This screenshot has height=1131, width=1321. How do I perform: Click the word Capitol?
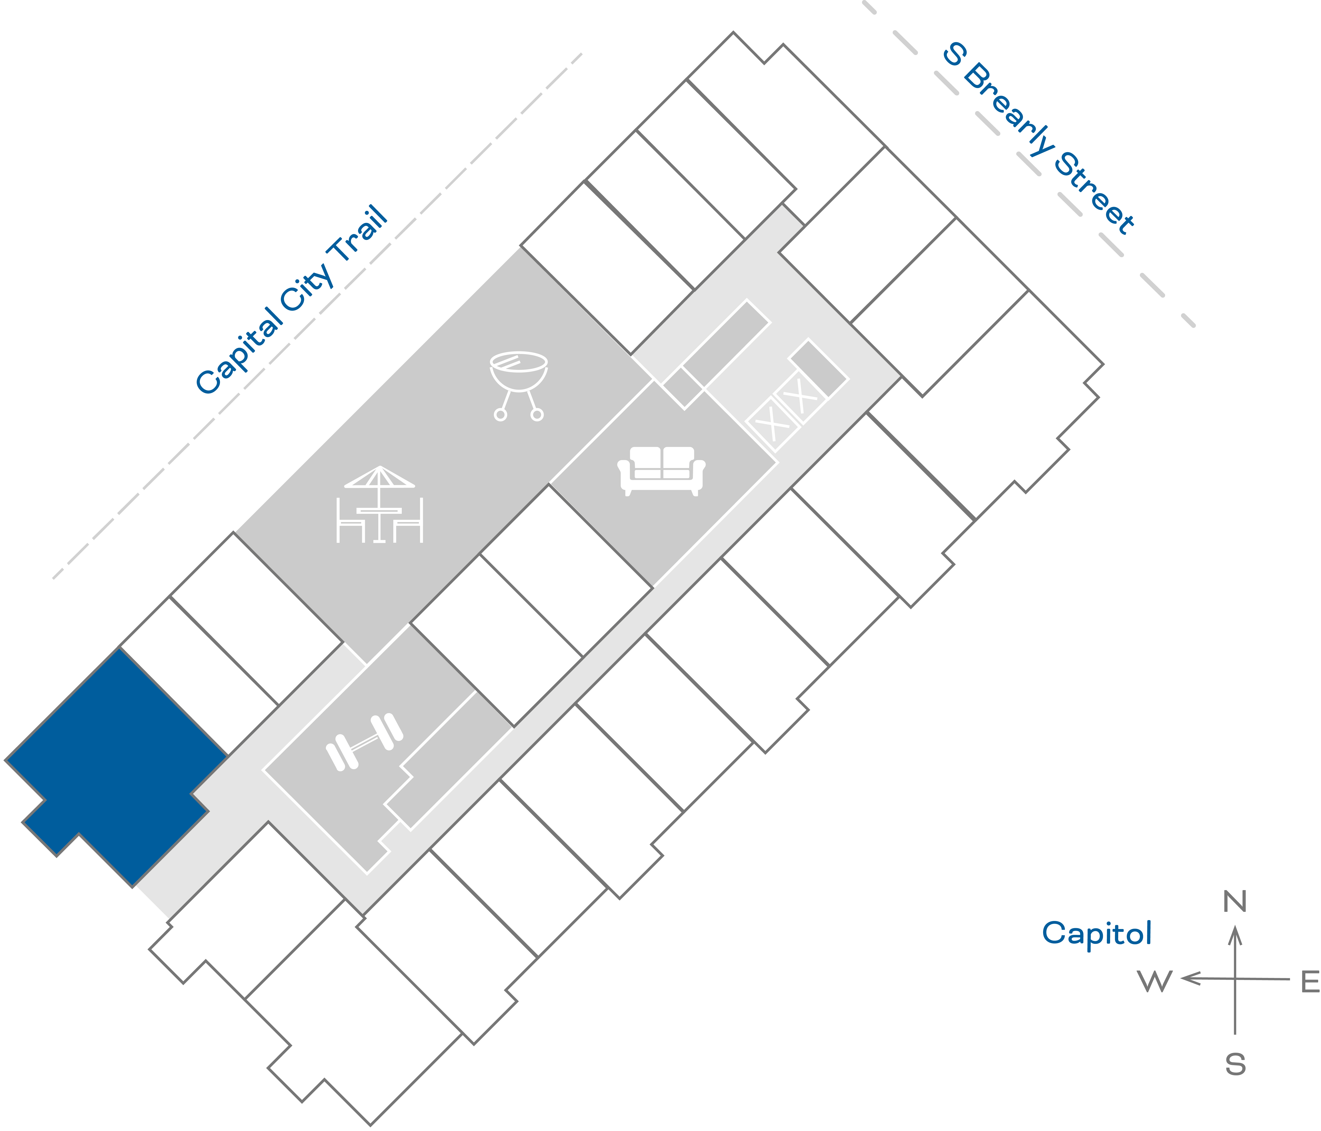tap(1097, 933)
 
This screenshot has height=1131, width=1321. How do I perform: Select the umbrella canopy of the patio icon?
tap(379, 477)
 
